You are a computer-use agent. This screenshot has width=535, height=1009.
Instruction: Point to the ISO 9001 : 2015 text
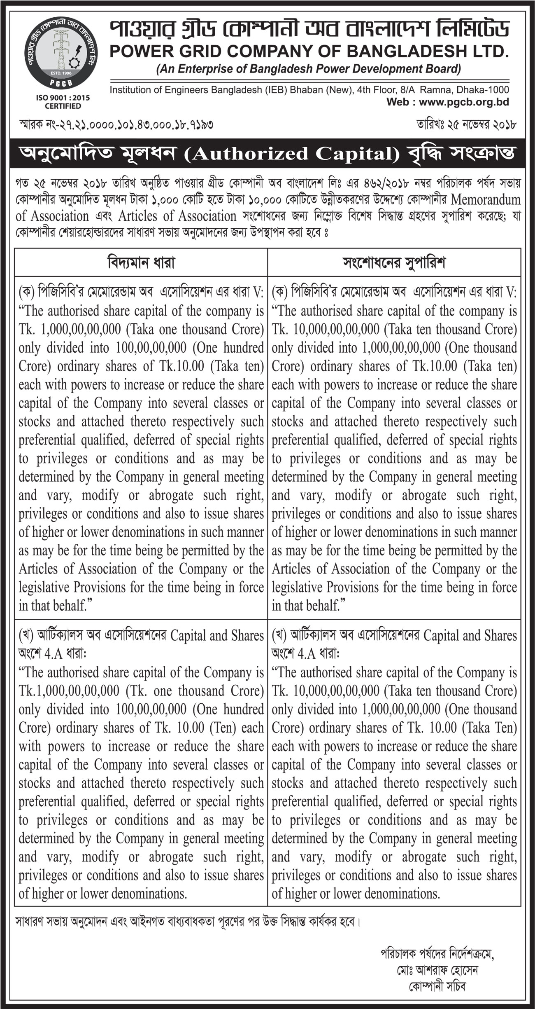pyautogui.click(x=63, y=98)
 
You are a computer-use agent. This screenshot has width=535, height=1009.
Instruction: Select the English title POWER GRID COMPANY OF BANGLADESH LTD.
pyautogui.click(x=309, y=51)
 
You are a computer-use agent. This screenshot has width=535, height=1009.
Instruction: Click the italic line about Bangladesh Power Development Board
pyautogui.click(x=309, y=69)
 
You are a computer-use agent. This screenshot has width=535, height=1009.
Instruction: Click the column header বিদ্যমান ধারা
pyautogui.click(x=141, y=262)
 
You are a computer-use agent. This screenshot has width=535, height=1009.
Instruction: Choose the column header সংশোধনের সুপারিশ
pyautogui.click(x=394, y=262)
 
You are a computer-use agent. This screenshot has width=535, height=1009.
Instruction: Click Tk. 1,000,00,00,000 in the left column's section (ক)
pyautogui.click(x=70, y=329)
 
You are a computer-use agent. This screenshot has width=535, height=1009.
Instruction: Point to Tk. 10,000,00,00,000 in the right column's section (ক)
pyautogui.click(x=326, y=329)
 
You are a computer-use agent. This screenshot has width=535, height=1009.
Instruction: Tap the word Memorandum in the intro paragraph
pyautogui.click(x=486, y=200)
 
